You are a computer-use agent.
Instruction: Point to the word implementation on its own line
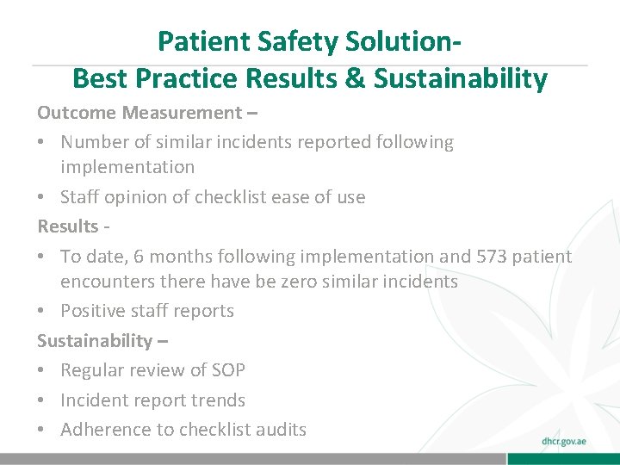127,167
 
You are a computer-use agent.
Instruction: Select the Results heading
68,226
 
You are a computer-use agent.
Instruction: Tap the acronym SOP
226,370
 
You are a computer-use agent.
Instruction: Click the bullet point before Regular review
43,370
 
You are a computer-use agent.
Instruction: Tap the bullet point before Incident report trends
43,400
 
